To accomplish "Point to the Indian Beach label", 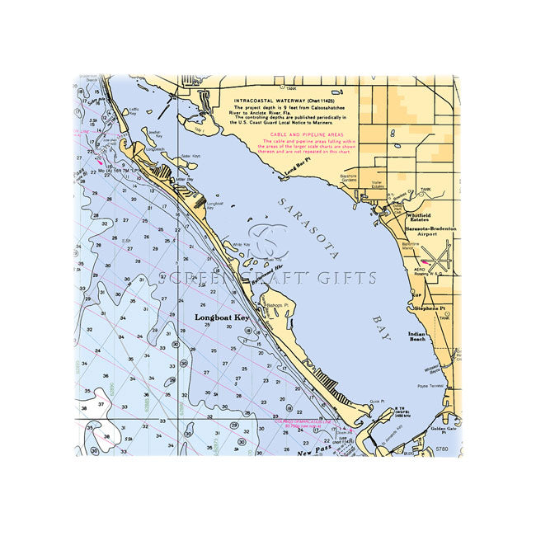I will pyautogui.click(x=417, y=337).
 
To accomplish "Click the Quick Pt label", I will pyautogui.click(x=378, y=402).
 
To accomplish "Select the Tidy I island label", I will pyautogui.click(x=198, y=129).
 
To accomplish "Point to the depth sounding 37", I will pyautogui.click(x=100, y=405).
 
